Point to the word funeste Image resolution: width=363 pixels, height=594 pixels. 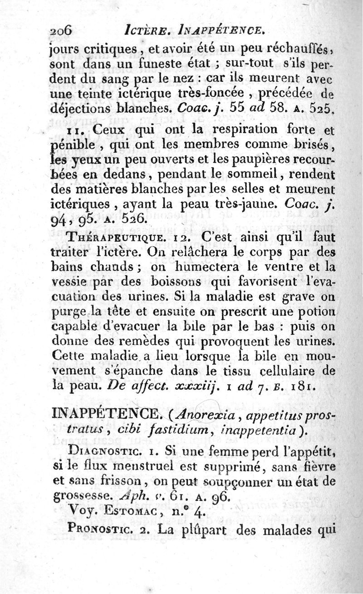tap(149, 64)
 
